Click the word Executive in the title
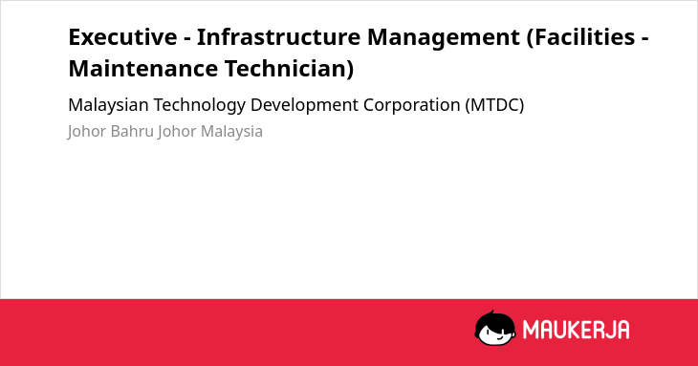click(122, 37)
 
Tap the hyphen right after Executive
click(187, 38)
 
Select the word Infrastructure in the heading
click(278, 37)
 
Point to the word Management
click(444, 38)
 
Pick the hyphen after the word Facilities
click(644, 38)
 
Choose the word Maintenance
click(142, 69)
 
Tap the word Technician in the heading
click(290, 69)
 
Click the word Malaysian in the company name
click(108, 105)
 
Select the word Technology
click(200, 106)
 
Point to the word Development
click(304, 106)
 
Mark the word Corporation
click(412, 106)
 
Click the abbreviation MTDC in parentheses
click(494, 105)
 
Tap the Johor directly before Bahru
click(87, 132)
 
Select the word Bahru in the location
click(132, 132)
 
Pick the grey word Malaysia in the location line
click(231, 132)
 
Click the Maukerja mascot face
click(495, 329)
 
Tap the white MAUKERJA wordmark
click(576, 330)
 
